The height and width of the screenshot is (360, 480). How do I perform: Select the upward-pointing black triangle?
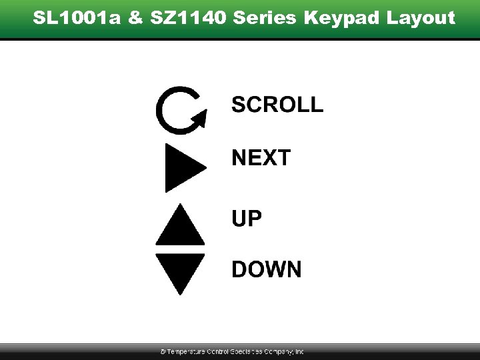point(180,227)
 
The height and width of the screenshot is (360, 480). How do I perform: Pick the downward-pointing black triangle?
point(180,272)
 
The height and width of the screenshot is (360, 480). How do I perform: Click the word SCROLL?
point(277,105)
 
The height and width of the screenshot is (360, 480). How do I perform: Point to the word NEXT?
point(261,158)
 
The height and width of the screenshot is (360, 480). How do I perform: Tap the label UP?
point(247,218)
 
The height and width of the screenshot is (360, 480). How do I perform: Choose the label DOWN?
point(266,269)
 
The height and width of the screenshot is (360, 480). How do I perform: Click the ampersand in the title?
point(135,17)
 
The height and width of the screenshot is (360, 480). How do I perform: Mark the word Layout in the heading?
point(417,18)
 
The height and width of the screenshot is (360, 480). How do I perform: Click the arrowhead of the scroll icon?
point(199,120)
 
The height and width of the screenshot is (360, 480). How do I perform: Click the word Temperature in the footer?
point(186,351)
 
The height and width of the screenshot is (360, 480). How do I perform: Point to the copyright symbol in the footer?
point(163,351)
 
